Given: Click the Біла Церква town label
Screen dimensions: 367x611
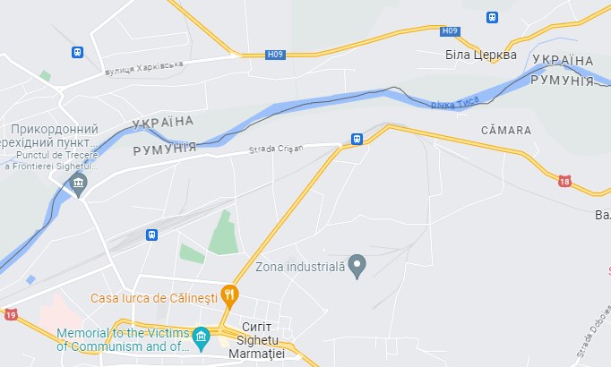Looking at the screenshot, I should click(481, 55).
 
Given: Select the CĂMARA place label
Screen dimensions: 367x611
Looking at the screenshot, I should click(505, 131).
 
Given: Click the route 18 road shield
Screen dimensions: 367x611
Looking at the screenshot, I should click(564, 181).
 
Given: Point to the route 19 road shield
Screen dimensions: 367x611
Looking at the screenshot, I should click(10, 314).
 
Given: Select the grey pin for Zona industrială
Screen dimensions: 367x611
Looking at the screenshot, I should click(357, 265).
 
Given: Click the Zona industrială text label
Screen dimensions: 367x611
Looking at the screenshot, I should click(299, 266).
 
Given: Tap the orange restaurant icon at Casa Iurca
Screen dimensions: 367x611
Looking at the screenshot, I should click(230, 294).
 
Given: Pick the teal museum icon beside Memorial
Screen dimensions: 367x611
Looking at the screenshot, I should click(201, 337).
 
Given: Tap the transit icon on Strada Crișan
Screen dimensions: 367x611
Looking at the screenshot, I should click(357, 139).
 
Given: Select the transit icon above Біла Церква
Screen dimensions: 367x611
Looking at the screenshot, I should click(492, 17).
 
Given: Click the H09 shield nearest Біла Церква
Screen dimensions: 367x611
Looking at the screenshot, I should click(450, 31).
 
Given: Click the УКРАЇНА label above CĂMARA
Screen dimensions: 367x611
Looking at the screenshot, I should click(562, 60).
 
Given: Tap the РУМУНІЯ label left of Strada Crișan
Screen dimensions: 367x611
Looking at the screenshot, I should click(165, 149).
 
